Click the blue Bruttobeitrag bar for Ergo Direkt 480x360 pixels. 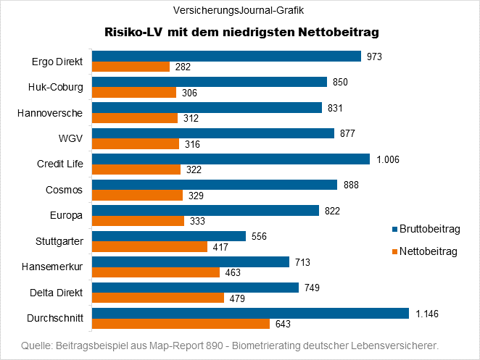click(226, 56)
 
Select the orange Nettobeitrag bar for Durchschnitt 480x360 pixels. click(181, 324)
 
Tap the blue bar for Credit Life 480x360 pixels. click(231, 159)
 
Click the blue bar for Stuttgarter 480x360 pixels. click(169, 236)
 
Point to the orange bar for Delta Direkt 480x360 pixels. click(157, 298)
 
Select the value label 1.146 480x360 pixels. click(428, 314)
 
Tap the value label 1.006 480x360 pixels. click(389, 159)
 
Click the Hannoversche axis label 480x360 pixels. click(54, 113)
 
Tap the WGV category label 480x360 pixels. click(71, 139)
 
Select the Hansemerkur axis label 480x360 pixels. click(56, 267)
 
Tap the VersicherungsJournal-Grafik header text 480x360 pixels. click(239, 11)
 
